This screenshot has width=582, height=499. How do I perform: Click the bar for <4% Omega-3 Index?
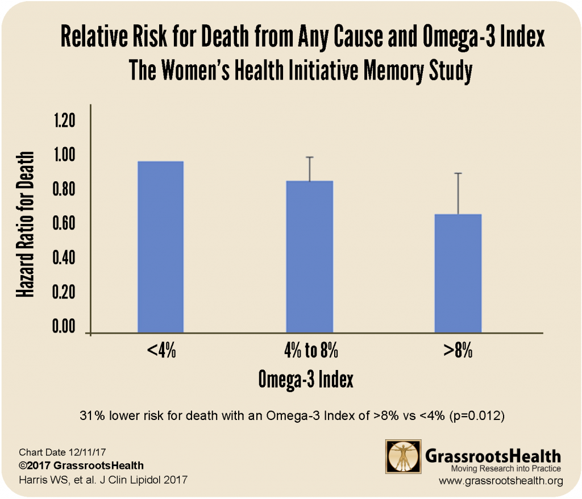(161, 247)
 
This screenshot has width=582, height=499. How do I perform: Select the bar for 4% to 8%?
(309, 256)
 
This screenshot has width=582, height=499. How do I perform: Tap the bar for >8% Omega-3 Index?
(458, 273)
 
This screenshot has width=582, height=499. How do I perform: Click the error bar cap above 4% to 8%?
(310, 157)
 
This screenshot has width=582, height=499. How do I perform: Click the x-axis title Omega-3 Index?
(306, 379)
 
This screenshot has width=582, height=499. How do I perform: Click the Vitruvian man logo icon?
(403, 458)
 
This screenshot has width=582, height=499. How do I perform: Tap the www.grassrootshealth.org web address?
(501, 481)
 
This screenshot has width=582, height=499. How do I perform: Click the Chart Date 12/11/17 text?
(59, 453)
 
